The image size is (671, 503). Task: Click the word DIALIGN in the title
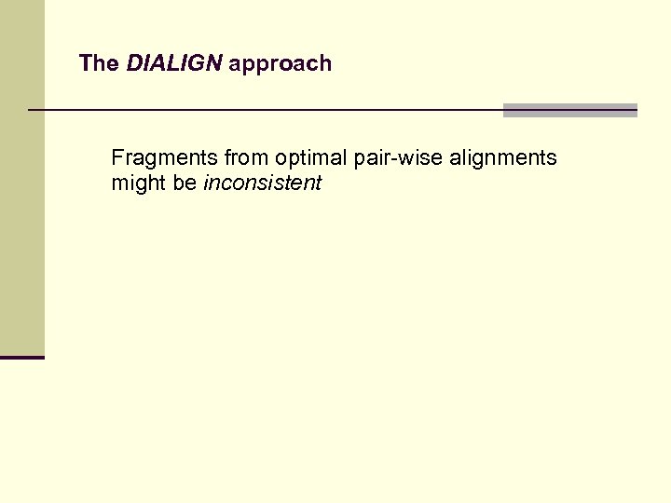pos(173,63)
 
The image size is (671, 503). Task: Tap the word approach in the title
pos(280,64)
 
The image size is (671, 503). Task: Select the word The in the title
pos(99,63)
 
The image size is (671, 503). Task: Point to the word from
pos(245,158)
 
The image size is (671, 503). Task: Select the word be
pos(185,184)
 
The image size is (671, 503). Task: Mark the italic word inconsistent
pos(262,184)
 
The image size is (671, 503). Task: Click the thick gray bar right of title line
pos(569,110)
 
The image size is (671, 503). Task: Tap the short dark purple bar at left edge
pos(22,357)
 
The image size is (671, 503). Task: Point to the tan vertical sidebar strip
pos(22,177)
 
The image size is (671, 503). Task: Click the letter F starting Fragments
pos(116,158)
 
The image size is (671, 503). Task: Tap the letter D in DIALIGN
pos(133,63)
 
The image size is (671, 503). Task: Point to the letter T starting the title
pos(85,63)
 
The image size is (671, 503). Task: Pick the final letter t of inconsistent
pos(318,184)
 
